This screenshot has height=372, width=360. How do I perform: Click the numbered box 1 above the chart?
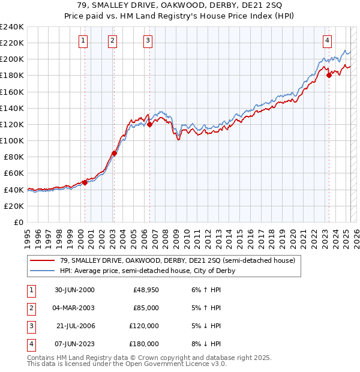coord(82,41)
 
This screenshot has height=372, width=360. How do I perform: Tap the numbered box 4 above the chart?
coord(328,41)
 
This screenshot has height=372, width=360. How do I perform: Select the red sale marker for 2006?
coord(149,125)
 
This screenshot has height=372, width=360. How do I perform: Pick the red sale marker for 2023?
coord(329,75)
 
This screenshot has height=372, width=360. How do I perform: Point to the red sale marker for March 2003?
coord(114,153)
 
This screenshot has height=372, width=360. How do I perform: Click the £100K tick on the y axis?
coord(12,140)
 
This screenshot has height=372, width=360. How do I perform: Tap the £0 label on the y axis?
coord(17,222)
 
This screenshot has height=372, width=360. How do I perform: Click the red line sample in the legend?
coord(42,261)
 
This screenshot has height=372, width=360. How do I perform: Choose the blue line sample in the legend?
coord(42,271)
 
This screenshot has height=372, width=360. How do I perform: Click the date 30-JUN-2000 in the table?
coord(74,290)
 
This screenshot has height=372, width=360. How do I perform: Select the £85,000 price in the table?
coord(146,308)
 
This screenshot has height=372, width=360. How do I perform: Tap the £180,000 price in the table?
coord(144,344)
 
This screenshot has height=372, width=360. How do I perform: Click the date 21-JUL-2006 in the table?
coord(76,326)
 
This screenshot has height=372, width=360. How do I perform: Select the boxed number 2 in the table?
coord(31,308)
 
